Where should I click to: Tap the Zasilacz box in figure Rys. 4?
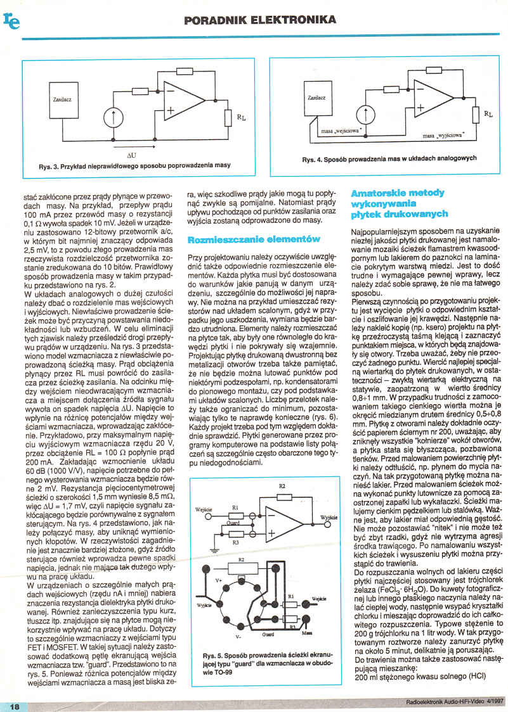click(x=316, y=99)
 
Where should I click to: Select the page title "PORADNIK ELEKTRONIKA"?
click(x=260, y=21)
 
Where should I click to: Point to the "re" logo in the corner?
click(x=11, y=20)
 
